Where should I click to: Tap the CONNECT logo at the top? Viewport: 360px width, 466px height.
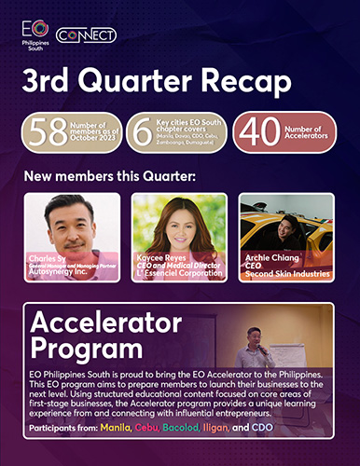tap(86, 34)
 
